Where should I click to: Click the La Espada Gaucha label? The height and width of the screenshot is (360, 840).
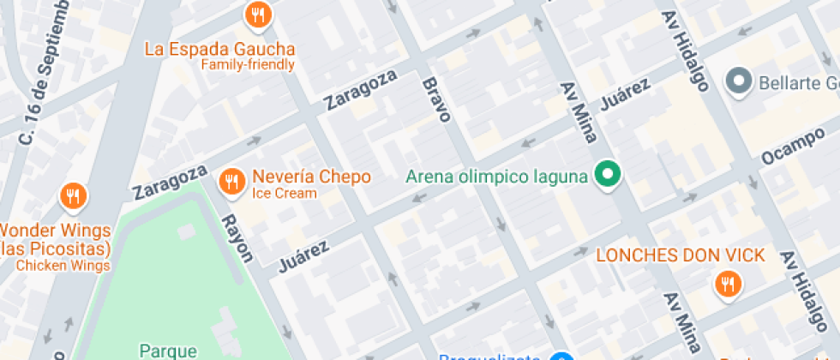pos(219,49)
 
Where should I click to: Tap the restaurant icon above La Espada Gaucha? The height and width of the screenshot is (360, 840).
pos(258,15)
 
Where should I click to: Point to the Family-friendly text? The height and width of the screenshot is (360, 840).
pos(248,64)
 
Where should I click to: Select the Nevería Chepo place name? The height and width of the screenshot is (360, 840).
pos(311,177)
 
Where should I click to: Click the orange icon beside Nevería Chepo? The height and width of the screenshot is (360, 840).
pos(231,181)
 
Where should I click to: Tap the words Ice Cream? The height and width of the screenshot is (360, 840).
pos(284,194)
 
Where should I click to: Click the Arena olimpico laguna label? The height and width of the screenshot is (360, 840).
pos(496,177)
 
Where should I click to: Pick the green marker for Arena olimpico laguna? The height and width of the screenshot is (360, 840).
pos(609,176)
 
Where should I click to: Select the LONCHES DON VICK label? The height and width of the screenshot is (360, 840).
pos(680,255)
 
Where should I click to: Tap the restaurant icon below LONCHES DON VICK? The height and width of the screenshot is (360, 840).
pos(728,284)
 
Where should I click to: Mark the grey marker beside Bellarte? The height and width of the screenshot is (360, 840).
pos(737,82)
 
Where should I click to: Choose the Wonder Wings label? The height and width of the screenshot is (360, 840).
pos(55,231)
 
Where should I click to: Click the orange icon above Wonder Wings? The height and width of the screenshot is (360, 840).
pos(74,197)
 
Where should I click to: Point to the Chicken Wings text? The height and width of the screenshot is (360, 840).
pos(63,266)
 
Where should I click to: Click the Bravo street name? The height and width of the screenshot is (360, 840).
pos(435,99)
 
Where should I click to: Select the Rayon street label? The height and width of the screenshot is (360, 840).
pos(237,238)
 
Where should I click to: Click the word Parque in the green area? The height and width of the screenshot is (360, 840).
pos(169,351)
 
